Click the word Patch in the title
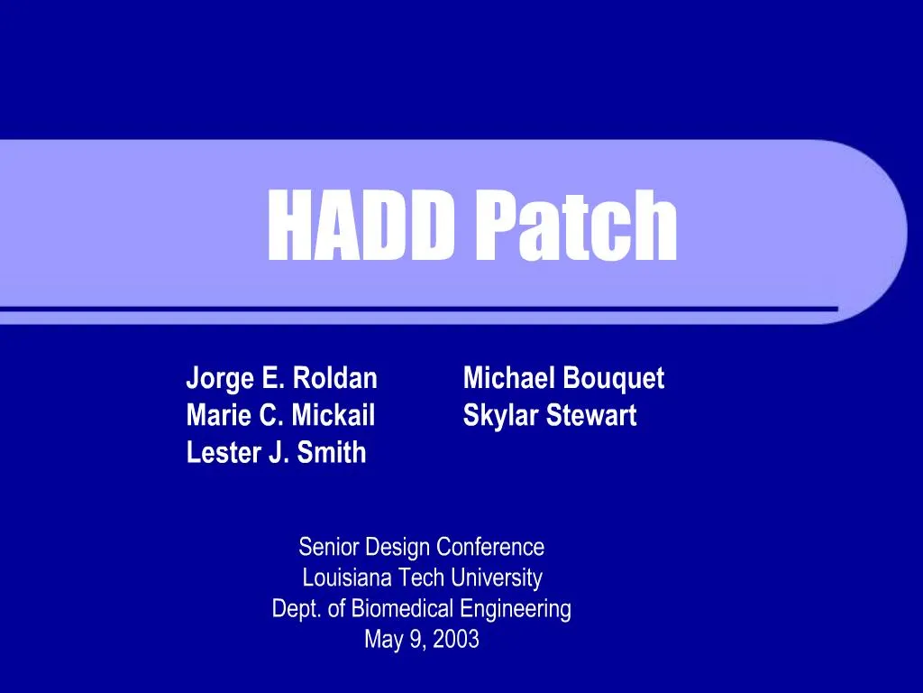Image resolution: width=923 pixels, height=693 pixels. coord(576,226)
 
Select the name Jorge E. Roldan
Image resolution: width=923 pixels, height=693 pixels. coord(281,378)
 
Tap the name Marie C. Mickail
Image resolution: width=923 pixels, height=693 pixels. coord(280,415)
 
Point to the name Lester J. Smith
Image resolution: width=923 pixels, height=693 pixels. coord(276,452)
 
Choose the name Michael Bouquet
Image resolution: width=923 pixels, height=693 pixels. coord(563,378)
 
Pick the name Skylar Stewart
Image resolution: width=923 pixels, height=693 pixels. coord(550,415)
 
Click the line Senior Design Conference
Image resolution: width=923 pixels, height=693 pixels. coord(421,547)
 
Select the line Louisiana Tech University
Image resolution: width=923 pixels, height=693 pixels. coord(422,577)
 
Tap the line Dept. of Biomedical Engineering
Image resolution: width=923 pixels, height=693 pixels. coord(421,609)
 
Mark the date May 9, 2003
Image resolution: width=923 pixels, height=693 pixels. coord(421,640)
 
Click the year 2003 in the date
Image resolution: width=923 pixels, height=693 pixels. coord(455,640)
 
